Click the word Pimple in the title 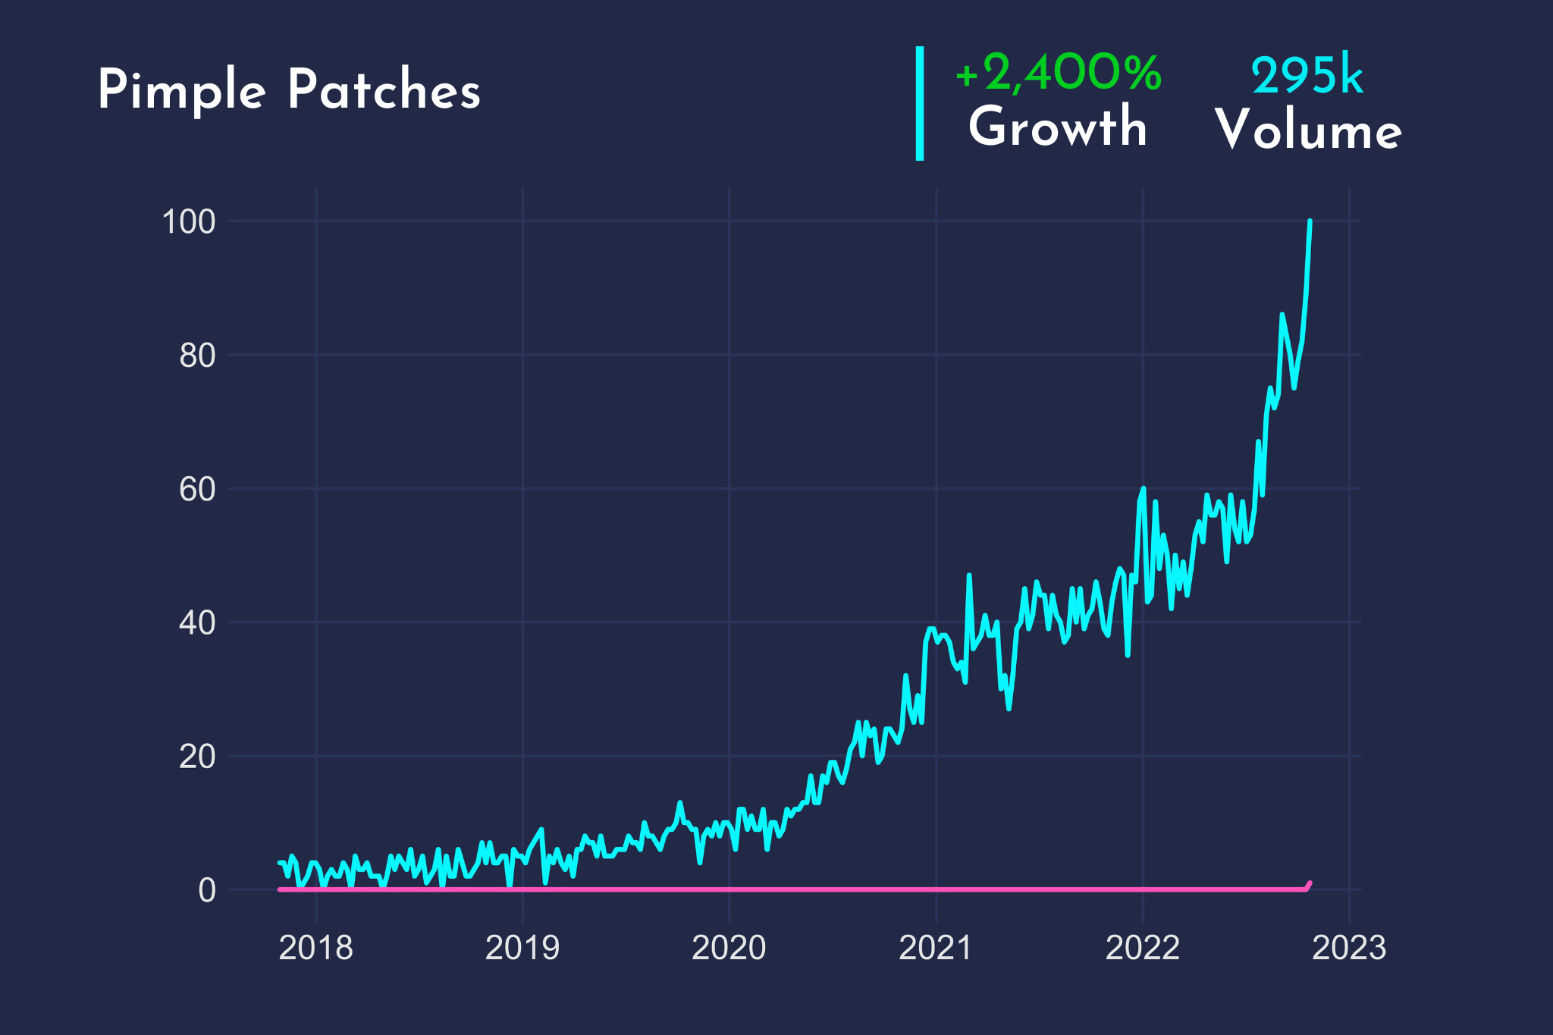pyautogui.click(x=181, y=91)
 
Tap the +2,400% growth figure pyautogui.click(x=1058, y=74)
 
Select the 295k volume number pyautogui.click(x=1307, y=77)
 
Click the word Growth pyautogui.click(x=1058, y=127)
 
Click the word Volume pyautogui.click(x=1308, y=130)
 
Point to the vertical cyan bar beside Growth pyautogui.click(x=920, y=103)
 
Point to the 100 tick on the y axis pyautogui.click(x=189, y=221)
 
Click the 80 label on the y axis pyautogui.click(x=197, y=356)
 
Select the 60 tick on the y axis pyautogui.click(x=197, y=489)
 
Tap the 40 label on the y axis pyautogui.click(x=197, y=623)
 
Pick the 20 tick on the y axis pyautogui.click(x=197, y=756)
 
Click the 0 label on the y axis pyautogui.click(x=207, y=890)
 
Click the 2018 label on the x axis pyautogui.click(x=315, y=948)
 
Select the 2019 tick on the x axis pyautogui.click(x=522, y=948)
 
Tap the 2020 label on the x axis pyautogui.click(x=729, y=948)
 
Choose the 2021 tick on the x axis pyautogui.click(x=936, y=948)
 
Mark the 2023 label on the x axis pyautogui.click(x=1349, y=948)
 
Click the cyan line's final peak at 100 pyautogui.click(x=1310, y=222)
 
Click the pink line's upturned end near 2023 pyautogui.click(x=1308, y=885)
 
